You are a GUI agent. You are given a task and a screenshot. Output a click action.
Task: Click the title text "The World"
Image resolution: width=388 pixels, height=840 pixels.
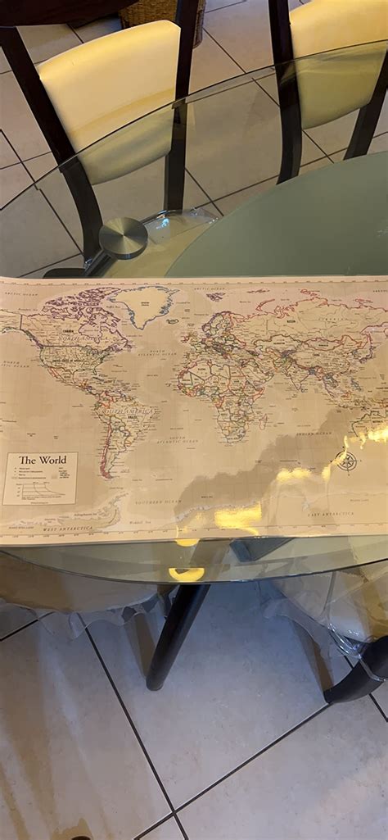tap(43, 460)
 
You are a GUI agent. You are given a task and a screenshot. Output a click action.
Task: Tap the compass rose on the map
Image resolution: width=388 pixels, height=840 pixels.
tap(346, 461)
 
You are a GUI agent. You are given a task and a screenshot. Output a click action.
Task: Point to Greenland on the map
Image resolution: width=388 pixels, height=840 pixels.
tap(144, 305)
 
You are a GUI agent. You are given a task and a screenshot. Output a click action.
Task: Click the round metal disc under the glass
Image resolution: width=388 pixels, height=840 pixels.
tap(124, 238)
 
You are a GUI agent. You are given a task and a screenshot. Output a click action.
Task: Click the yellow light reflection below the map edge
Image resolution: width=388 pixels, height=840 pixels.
tap(187, 574)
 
